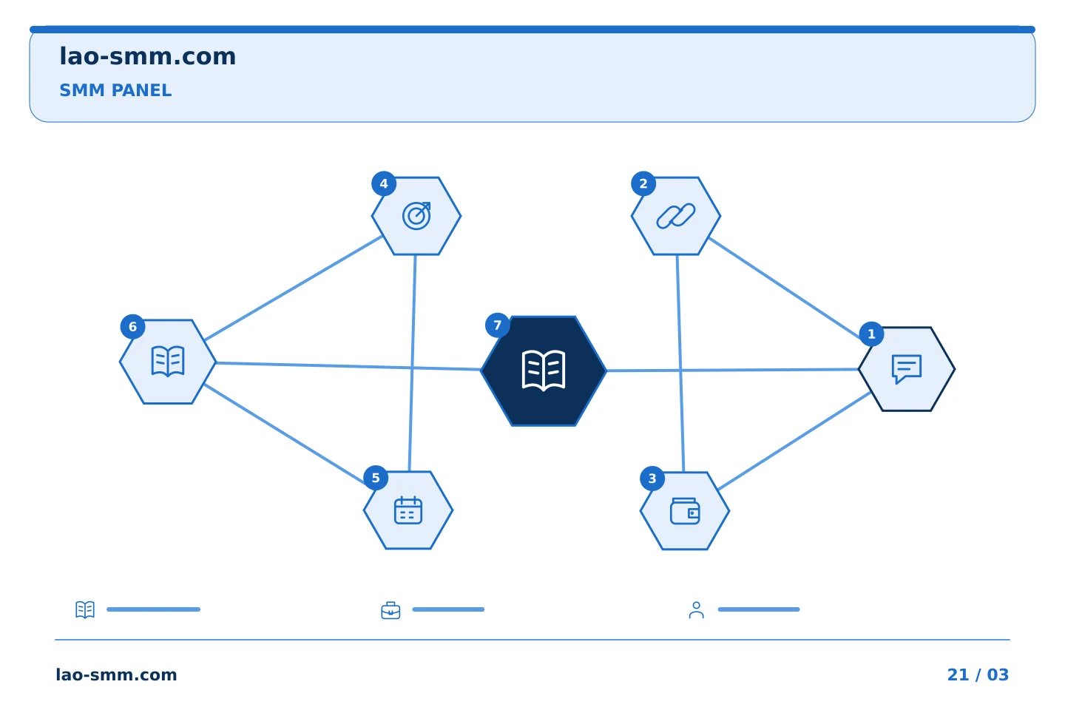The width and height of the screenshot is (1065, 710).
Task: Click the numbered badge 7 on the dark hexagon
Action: (x=497, y=325)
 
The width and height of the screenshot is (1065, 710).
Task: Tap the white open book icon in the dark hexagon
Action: (x=544, y=371)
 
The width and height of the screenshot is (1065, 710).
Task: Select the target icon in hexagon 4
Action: (x=416, y=216)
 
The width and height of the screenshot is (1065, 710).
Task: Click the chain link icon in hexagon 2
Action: (x=676, y=216)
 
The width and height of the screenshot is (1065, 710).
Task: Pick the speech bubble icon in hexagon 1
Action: (x=907, y=369)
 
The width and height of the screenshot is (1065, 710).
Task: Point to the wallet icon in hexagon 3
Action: (x=685, y=511)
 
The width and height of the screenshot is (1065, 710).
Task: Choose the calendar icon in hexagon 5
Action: (x=408, y=510)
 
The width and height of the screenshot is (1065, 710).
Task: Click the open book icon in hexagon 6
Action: (x=168, y=362)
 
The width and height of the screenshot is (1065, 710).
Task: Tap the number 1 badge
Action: (x=871, y=334)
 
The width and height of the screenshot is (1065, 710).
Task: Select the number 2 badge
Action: (x=643, y=183)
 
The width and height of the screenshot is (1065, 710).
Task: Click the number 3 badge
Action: (x=652, y=479)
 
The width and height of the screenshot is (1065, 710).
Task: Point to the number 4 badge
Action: (x=384, y=183)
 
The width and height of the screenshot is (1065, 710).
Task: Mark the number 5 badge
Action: (x=376, y=478)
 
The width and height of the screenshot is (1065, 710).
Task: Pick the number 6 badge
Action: (x=132, y=327)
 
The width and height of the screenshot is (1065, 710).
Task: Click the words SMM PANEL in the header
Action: (x=115, y=90)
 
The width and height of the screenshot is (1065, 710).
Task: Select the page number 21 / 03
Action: (x=978, y=674)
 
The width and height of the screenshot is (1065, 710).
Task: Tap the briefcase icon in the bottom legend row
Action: (x=390, y=610)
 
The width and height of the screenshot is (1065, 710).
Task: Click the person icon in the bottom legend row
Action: (x=697, y=609)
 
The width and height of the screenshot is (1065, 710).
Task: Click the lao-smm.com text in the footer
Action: (x=117, y=674)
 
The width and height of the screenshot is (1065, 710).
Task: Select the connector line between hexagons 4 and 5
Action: (x=412, y=363)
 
